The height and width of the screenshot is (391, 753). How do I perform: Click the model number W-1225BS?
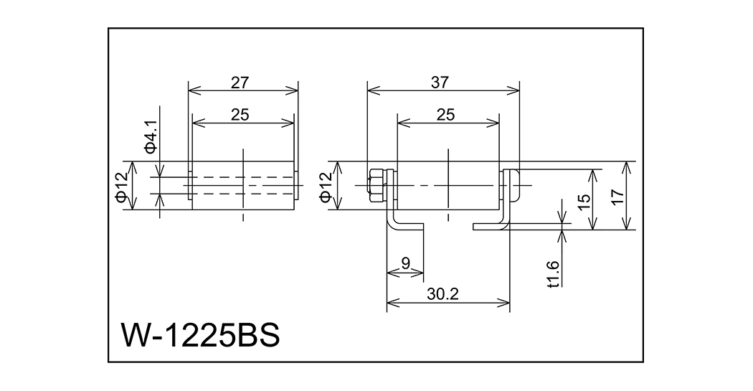(200, 335)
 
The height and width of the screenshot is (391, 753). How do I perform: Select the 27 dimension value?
(240, 83)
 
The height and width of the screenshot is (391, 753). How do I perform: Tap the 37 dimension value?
(440, 83)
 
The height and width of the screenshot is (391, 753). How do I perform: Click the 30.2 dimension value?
(442, 294)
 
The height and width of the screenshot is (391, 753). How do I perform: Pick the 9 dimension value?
(406, 263)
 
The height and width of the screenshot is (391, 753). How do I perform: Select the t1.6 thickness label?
(554, 274)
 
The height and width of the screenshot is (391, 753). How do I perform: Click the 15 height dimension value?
(583, 202)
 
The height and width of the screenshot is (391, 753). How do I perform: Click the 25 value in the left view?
(240, 115)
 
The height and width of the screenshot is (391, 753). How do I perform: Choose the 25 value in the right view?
(445, 115)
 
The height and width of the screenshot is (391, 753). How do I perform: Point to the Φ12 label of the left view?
(123, 185)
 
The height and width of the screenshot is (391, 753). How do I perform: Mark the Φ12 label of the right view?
(326, 185)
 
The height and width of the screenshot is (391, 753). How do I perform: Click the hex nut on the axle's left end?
(375, 185)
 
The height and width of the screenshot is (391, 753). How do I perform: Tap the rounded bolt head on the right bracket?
(514, 185)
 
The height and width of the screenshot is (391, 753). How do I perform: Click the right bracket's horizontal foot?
(489, 226)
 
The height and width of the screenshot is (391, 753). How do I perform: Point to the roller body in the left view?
(243, 185)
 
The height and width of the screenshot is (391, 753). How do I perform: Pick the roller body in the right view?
(448, 185)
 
